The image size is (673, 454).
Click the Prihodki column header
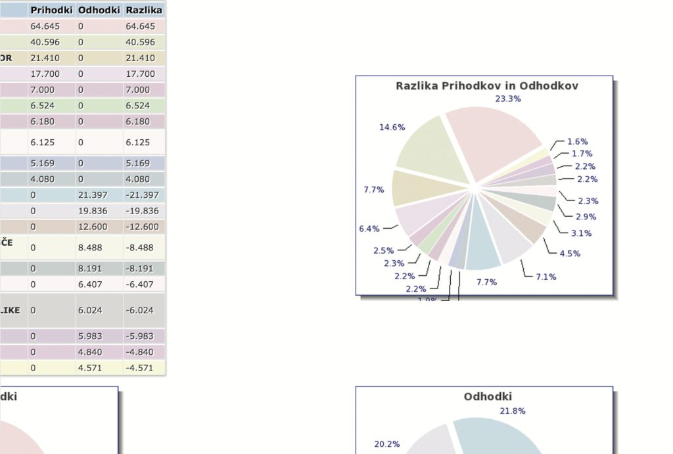(x=51, y=11)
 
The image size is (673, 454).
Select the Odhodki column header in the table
(x=99, y=11)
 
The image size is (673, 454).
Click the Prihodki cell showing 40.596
(x=45, y=42)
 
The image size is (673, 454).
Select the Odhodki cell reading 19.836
(x=90, y=211)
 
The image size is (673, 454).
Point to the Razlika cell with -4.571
(x=139, y=368)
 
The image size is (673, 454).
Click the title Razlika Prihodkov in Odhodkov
(x=486, y=86)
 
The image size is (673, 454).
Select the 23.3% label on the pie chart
(x=508, y=99)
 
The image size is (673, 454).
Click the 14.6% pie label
(x=392, y=127)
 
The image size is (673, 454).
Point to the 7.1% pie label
(x=545, y=277)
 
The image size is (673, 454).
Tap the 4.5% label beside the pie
(x=570, y=254)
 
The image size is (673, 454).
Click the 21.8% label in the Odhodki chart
(x=513, y=411)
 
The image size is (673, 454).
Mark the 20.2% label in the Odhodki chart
(x=387, y=444)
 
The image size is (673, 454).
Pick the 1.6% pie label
(x=577, y=142)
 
